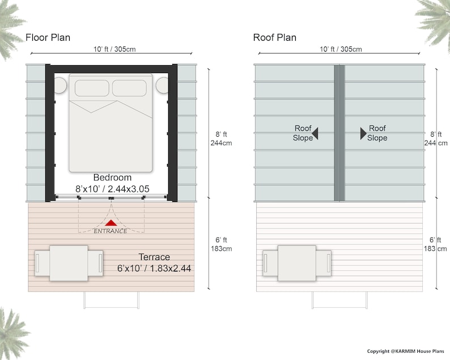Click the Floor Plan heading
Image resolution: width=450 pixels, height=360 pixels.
48,38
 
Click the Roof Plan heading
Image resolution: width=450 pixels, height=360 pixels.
275,38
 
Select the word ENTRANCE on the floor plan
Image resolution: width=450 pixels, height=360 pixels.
111,231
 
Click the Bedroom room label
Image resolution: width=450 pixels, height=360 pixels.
112,177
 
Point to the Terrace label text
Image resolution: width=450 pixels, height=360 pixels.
155,257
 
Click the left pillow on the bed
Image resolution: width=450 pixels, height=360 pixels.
92,88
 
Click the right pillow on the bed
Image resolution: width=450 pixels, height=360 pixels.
129,88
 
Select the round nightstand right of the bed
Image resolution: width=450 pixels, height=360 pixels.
163,86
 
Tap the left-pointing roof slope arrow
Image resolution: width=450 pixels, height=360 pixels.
315,133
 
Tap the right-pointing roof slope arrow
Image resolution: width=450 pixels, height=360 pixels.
363,133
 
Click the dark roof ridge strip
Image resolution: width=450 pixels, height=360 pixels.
339,133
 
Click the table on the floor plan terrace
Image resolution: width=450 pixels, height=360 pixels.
68,263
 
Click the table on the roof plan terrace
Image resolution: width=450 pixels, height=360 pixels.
297,263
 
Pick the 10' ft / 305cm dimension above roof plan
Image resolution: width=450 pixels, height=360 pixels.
340,49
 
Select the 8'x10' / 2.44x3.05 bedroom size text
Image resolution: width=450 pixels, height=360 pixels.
112,188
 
